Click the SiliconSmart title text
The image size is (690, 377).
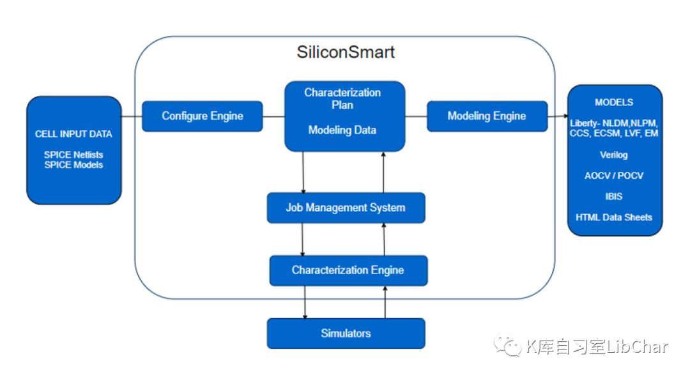[x=346, y=52]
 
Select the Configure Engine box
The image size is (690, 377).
[x=202, y=116]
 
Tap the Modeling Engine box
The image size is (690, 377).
[x=487, y=116]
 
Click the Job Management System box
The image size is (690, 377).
[x=346, y=208]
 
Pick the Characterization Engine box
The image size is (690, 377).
[x=348, y=270]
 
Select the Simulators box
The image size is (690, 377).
[x=346, y=334]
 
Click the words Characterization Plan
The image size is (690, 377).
[x=342, y=98]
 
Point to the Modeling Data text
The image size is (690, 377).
[x=342, y=130]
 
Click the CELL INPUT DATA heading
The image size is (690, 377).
[x=73, y=134]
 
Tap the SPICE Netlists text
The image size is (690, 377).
[x=73, y=155]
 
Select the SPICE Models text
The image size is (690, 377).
[x=73, y=165]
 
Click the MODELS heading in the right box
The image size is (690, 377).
[x=614, y=102]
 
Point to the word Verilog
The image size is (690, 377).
[x=614, y=155]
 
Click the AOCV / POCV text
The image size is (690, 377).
[x=614, y=176]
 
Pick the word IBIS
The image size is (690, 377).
[x=614, y=196]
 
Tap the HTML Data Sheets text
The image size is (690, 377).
[x=614, y=217]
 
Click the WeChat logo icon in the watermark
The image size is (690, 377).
[x=509, y=346]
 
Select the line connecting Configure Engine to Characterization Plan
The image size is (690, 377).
[x=273, y=116]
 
